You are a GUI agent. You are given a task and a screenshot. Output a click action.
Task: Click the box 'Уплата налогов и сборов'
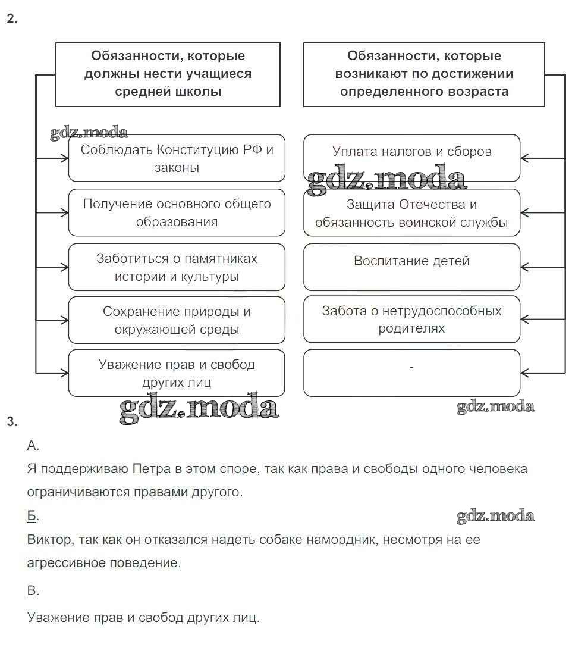pos(411,158)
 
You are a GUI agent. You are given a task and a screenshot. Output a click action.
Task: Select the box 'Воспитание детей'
pos(411,266)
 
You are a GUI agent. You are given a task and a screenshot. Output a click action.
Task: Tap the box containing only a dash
pos(411,373)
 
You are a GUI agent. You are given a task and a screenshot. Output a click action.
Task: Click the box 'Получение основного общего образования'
pos(177,212)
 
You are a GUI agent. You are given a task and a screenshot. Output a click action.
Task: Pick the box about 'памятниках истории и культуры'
pos(177,267)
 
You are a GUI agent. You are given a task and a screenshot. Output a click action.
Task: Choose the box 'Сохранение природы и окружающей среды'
pos(177,320)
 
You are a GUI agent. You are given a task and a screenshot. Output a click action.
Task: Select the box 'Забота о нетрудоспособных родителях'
pos(411,320)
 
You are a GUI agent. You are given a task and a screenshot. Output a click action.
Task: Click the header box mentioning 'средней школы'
pos(168,74)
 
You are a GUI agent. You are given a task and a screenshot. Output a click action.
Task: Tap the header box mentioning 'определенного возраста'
pos(424,74)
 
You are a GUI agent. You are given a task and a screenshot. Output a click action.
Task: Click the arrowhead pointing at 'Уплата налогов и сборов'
pos(525,158)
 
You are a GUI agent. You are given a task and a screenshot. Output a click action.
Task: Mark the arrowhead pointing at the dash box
pos(525,373)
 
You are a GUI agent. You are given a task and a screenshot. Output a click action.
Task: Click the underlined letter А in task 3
pos(32,446)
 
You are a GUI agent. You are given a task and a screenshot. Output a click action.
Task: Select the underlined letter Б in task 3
pos(32,516)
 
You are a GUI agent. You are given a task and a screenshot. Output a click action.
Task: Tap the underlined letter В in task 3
pos(32,590)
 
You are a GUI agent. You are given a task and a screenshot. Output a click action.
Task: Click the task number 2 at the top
pos(12,19)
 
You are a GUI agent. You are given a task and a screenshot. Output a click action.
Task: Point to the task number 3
pos(12,422)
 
